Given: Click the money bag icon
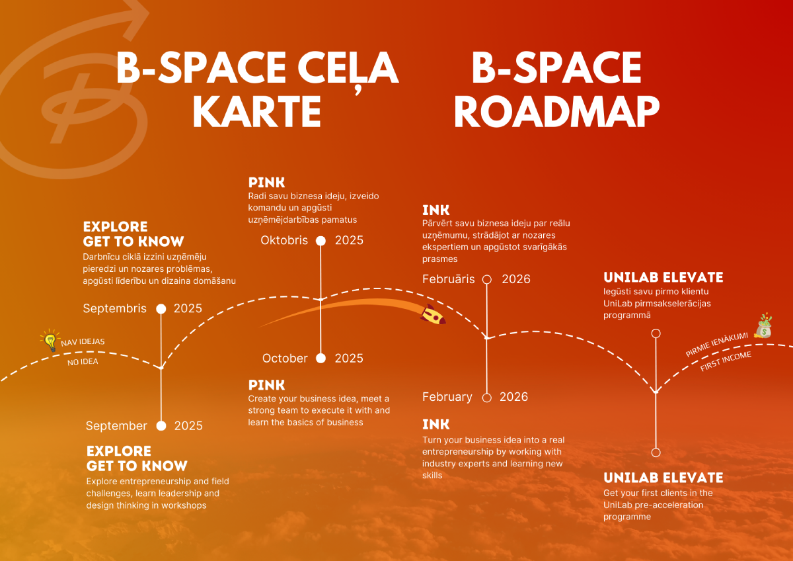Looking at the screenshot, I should tap(763, 326).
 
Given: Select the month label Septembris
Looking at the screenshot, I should tap(115, 308).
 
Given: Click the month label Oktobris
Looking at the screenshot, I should tap(284, 240).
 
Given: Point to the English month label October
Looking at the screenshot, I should tap(285, 358).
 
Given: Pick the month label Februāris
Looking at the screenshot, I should tap(449, 279).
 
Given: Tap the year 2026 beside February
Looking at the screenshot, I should tap(513, 397).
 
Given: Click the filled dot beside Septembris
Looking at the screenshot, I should tap(161, 309).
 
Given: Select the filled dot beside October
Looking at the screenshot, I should tap(321, 359).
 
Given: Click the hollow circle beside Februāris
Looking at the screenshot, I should tap(487, 279).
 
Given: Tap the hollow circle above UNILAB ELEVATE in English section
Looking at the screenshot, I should tap(656, 453).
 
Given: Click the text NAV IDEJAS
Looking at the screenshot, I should tap(83, 342).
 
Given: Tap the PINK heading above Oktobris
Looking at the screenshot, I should tap(267, 183).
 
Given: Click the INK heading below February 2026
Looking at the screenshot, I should tap(436, 424).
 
